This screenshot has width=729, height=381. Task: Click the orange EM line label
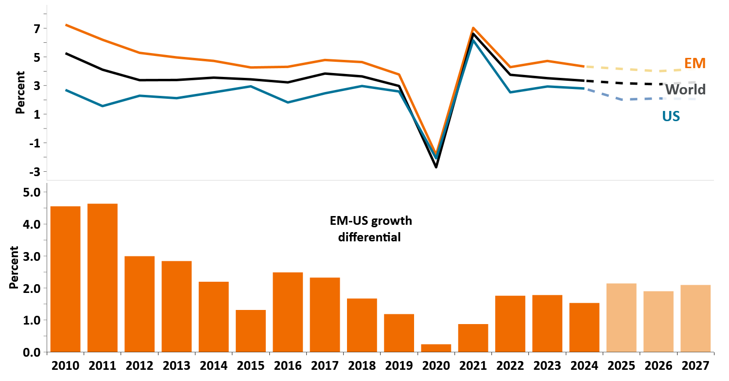[695, 63]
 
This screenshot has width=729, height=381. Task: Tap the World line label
[685, 90]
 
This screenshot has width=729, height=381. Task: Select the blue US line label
[670, 116]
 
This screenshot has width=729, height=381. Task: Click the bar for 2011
[103, 277]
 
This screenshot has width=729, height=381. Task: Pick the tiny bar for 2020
[436, 348]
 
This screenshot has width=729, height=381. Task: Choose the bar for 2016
[288, 312]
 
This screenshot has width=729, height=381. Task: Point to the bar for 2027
[695, 318]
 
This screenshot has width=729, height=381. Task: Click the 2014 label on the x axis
[213, 365]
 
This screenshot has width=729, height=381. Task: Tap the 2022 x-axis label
[510, 365]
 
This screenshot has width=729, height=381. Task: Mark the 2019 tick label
[399, 365]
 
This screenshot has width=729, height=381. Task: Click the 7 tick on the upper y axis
[36, 29]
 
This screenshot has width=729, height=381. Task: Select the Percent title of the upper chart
[20, 92]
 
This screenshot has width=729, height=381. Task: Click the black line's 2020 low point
[436, 167]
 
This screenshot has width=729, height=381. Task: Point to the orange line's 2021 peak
[473, 28]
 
